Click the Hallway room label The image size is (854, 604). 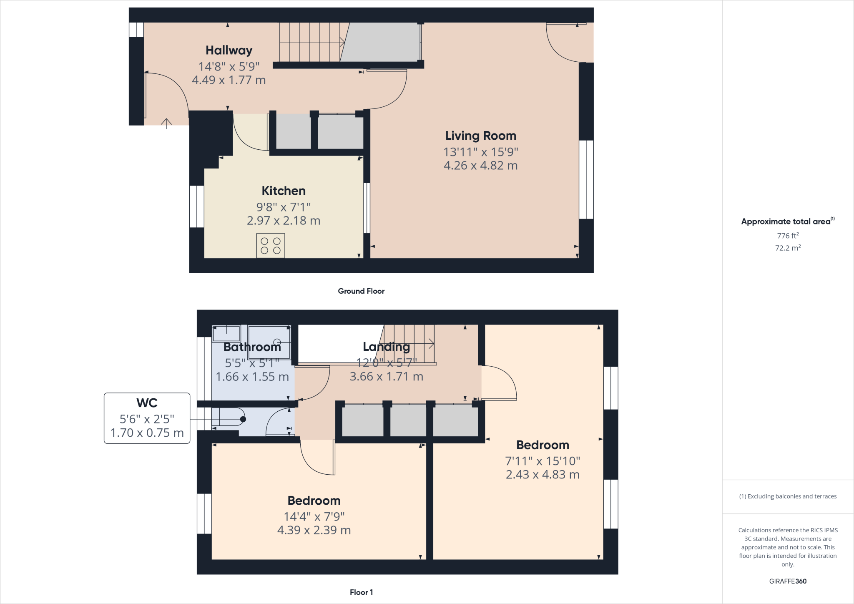tap(229, 50)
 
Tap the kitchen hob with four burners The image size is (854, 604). tap(270, 246)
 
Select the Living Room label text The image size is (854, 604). tap(480, 136)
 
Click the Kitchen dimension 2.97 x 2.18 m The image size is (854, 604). tap(283, 221)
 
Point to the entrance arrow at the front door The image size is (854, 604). tap(166, 123)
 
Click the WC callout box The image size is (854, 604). tap(147, 418)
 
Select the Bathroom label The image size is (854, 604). tap(252, 347)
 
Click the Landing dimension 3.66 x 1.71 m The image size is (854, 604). tap(386, 377)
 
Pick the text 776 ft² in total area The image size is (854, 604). tap(787, 236)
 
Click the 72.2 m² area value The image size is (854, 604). tap(787, 248)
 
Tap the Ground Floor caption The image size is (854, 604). tap(361, 291)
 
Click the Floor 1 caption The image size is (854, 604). tap(361, 592)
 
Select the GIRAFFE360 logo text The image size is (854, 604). tap(787, 581)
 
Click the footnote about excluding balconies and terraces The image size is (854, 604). tap(787, 496)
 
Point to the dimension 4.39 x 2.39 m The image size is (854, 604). tap(314, 530)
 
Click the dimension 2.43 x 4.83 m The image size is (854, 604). tap(542, 475)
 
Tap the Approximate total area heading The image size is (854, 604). tap(787, 221)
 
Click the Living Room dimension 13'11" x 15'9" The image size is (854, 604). tap(480, 152)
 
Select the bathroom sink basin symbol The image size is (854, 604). tap(226, 334)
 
